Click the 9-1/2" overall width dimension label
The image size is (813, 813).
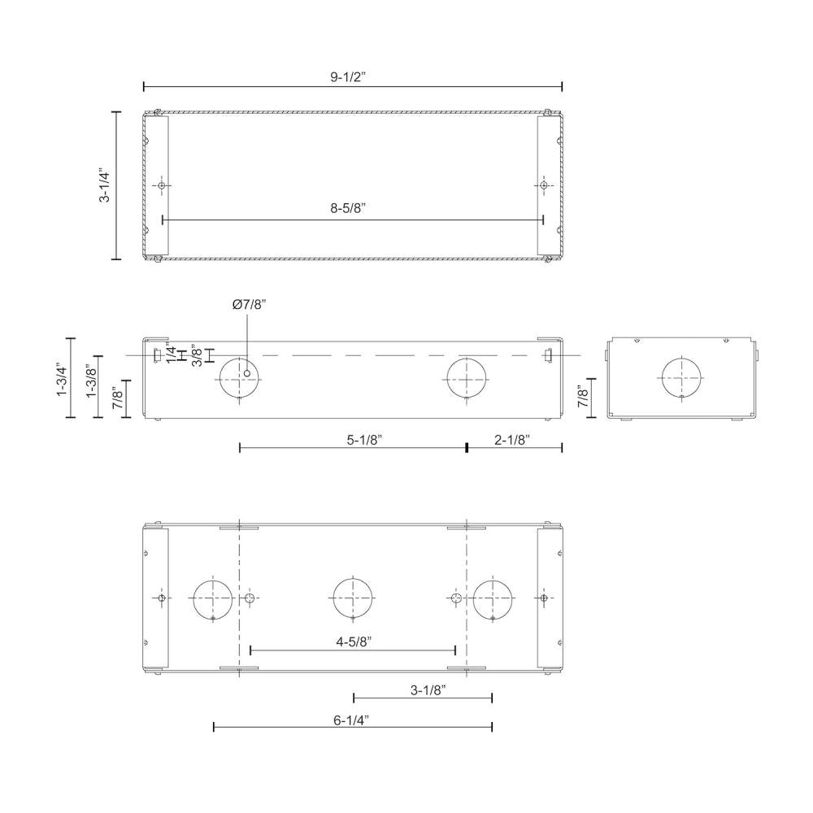353,77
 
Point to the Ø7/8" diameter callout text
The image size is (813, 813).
249,304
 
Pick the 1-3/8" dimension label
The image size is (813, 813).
92,380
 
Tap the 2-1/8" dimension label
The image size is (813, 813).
512,440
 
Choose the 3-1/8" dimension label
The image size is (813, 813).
428,690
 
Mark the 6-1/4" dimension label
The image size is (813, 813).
352,719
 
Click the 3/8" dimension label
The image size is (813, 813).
196,355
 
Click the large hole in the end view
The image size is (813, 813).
681,378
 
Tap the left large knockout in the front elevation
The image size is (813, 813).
241,378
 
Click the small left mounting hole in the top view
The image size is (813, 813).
162,186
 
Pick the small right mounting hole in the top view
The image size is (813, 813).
543,186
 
